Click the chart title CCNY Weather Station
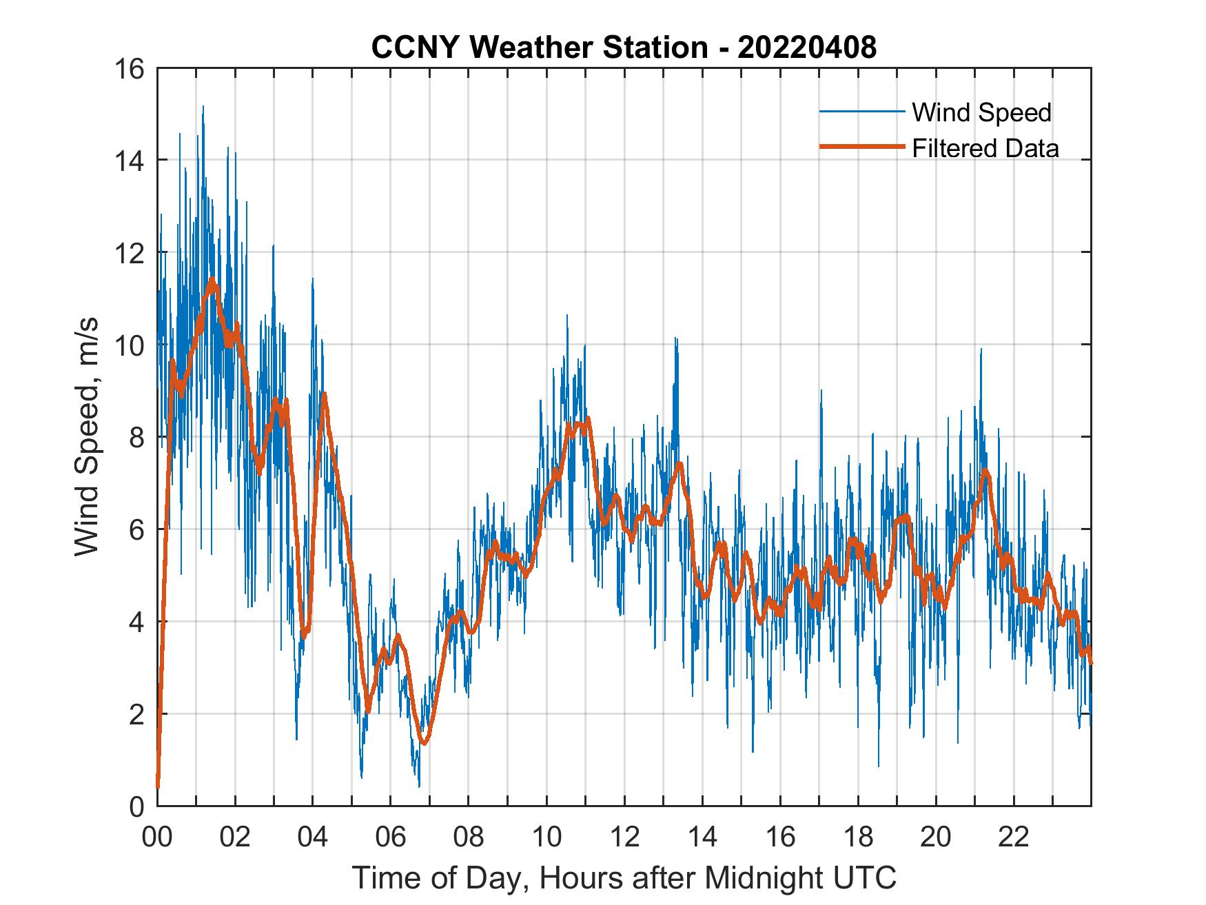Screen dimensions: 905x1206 pos(539,48)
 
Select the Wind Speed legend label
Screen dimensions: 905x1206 pos(981,112)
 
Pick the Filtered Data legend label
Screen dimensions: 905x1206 pos(985,148)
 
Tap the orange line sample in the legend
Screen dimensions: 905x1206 pos(861,147)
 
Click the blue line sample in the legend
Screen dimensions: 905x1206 pos(861,112)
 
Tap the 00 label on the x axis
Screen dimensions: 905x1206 pos(157,837)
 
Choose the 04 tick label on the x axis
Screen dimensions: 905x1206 pos(313,837)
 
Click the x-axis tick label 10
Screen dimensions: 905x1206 pos(546,837)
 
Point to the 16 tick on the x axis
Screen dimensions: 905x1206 pos(780,837)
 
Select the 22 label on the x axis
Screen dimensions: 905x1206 pos(1014,837)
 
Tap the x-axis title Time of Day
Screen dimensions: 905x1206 pos(624,878)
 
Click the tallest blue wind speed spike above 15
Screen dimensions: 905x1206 pos(203,108)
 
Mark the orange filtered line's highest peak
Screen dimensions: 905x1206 pos(212,280)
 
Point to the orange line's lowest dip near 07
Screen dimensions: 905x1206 pos(425,742)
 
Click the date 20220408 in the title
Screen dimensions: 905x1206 pos(807,48)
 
